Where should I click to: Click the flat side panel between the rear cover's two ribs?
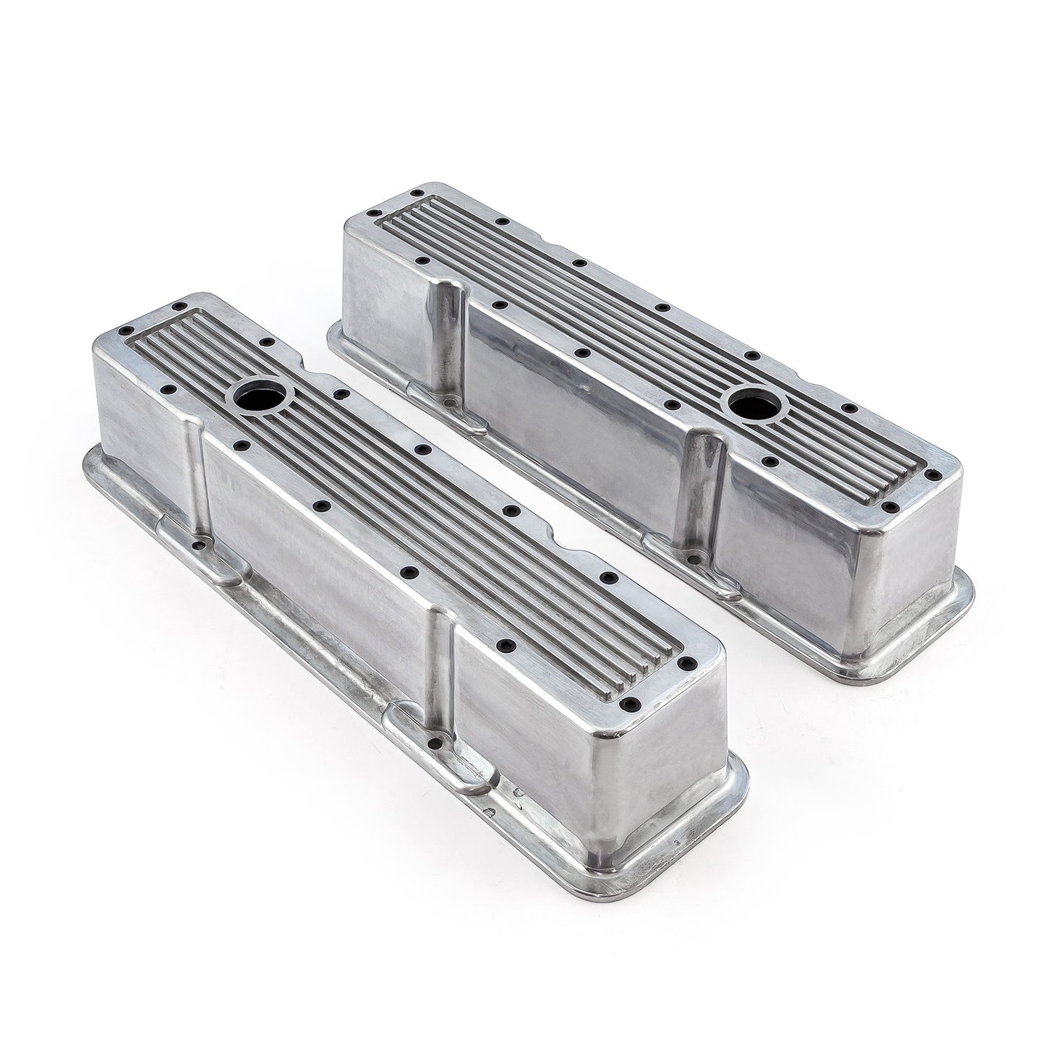571,412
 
